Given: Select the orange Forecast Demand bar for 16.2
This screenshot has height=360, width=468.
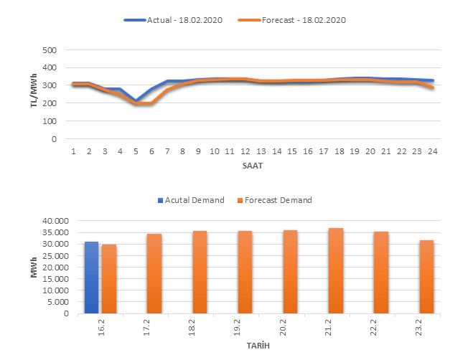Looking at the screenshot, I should pos(108,279).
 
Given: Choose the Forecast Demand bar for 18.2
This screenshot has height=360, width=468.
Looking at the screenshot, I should pos(200,273).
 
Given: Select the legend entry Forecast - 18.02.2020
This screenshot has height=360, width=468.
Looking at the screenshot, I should pos(302,20).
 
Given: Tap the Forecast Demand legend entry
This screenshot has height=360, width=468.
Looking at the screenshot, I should pos(276,200).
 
